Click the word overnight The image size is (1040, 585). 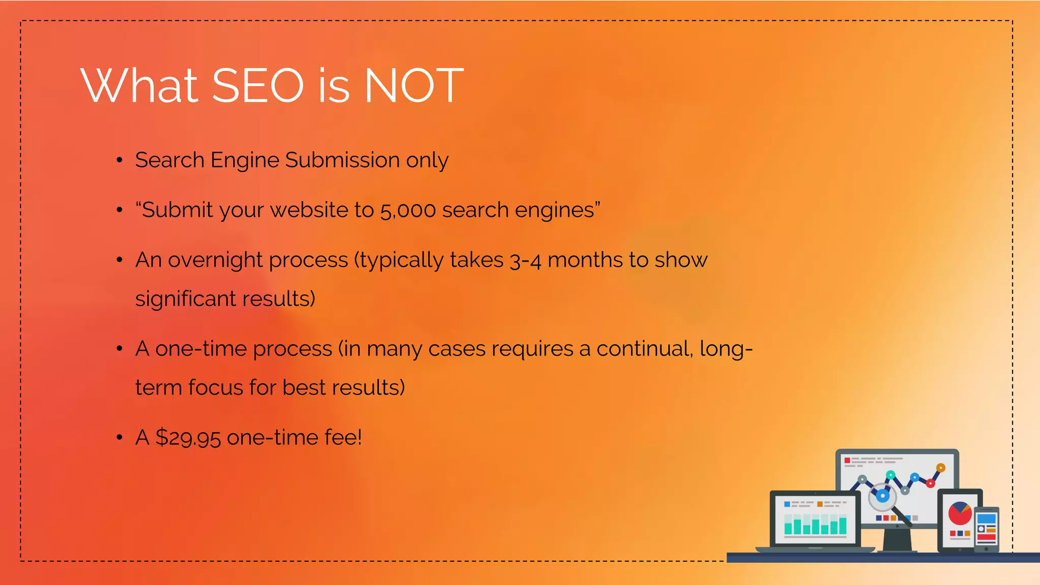pos(215,260)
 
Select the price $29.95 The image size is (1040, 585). pos(188,438)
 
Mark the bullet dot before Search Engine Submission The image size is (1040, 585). pos(119,160)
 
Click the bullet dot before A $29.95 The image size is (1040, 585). pos(119,437)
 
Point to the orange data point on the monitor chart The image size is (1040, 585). pos(940,468)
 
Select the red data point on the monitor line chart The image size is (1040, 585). pos(930,483)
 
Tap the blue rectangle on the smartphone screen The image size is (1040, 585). pos(986,518)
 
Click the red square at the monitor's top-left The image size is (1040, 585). pos(847,461)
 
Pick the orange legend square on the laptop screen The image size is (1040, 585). pos(820,504)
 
